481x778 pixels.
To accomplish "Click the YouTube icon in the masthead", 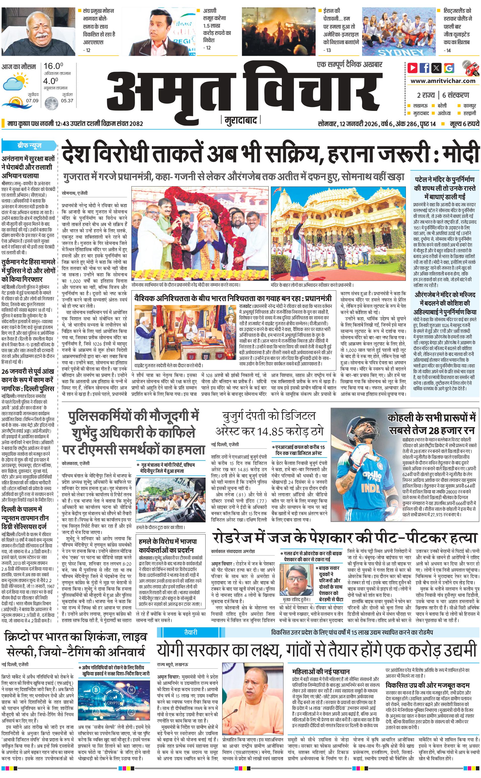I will click(413, 68).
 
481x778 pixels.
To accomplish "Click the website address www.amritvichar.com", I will click(443, 81).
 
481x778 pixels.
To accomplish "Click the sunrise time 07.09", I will click(32, 101).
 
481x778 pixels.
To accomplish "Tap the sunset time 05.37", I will click(67, 101).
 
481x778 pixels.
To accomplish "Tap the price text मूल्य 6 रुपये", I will click(464, 124).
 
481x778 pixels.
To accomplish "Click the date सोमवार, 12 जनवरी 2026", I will click(347, 124).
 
